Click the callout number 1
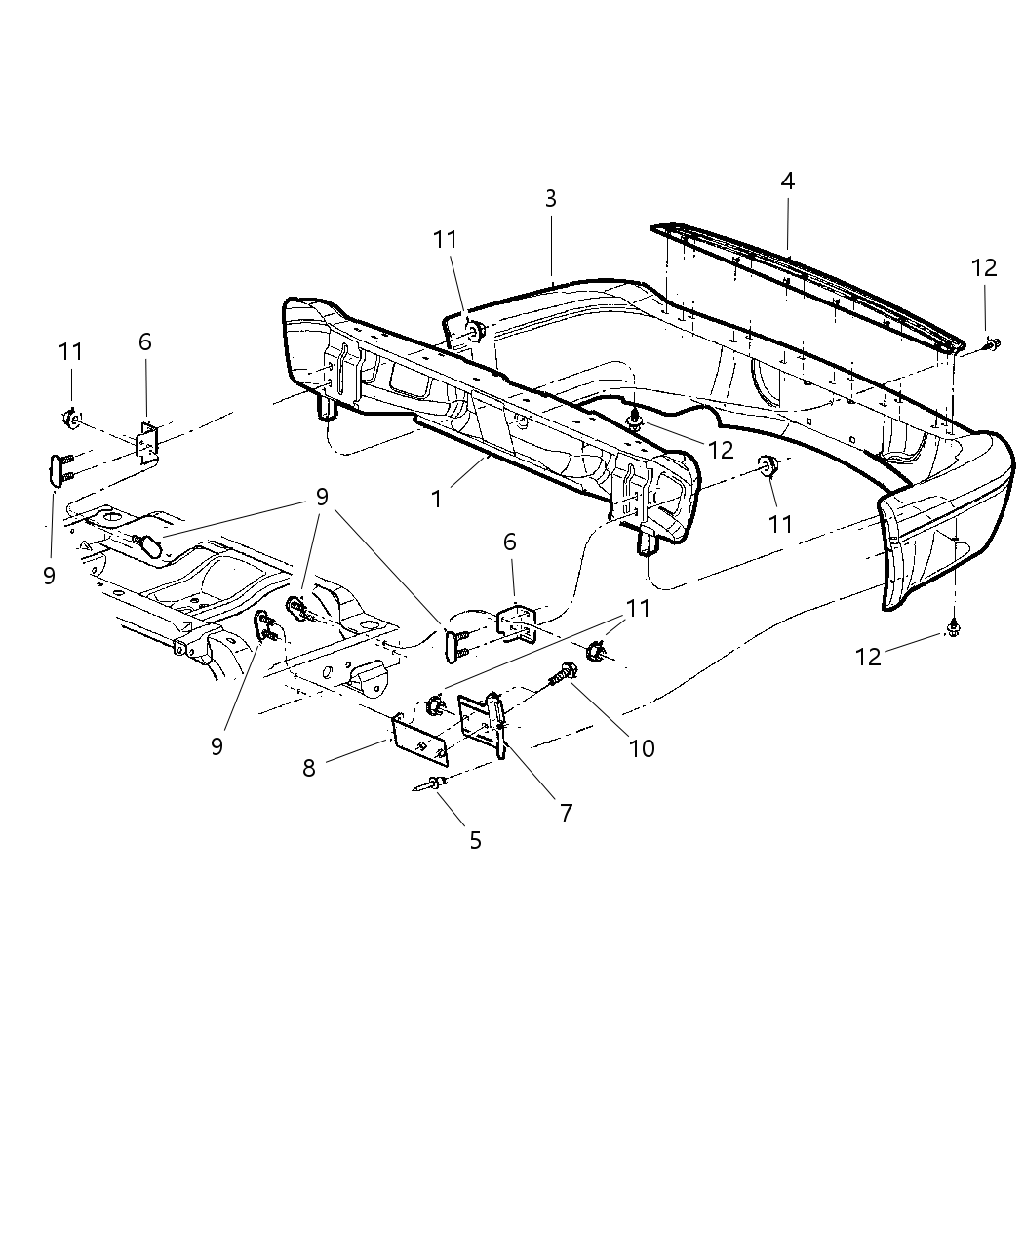[436, 499]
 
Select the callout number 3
[551, 199]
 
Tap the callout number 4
[787, 181]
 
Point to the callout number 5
[475, 840]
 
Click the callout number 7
[566, 812]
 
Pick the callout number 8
[309, 769]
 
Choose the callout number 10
[642, 748]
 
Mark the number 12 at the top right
[984, 267]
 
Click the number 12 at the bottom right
[868, 657]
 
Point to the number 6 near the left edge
[145, 341]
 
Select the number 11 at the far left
[70, 351]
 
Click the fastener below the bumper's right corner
[953, 631]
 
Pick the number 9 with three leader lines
[321, 497]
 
